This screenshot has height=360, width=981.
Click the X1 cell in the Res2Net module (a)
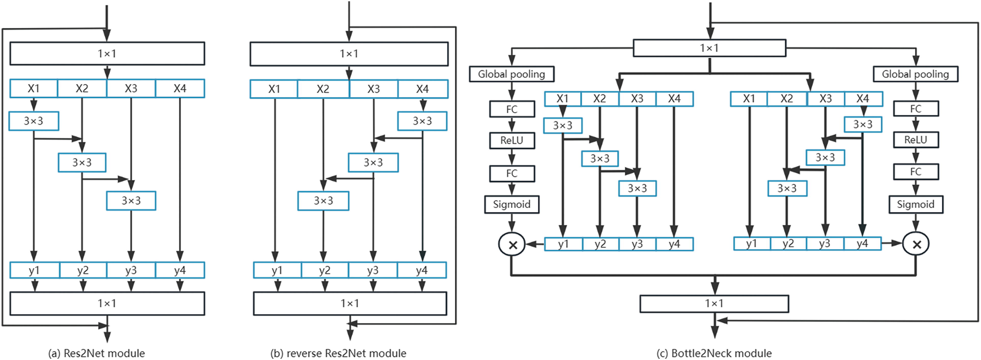(34, 88)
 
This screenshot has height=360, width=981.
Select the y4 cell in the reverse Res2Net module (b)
(421, 270)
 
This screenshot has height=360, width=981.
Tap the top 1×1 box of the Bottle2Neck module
(709, 48)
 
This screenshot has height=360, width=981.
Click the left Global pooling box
(511, 74)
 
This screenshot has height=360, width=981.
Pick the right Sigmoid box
(916, 204)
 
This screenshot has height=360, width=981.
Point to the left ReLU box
(511, 140)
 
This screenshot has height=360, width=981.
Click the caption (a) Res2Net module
(96, 353)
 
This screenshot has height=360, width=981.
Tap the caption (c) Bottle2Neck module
(714, 353)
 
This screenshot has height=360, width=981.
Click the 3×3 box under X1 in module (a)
(34, 121)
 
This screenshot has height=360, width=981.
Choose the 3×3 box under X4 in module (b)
(422, 121)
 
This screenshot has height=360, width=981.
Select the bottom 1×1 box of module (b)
(350, 303)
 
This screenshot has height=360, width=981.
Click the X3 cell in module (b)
(373, 89)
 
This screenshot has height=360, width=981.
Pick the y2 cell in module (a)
(83, 270)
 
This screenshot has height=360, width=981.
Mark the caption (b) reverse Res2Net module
(338, 353)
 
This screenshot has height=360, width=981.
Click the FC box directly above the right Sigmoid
(916, 172)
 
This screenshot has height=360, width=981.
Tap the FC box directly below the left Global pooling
(511, 109)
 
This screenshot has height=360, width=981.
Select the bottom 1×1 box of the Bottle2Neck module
(714, 304)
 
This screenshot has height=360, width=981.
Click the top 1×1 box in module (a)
(107, 53)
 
